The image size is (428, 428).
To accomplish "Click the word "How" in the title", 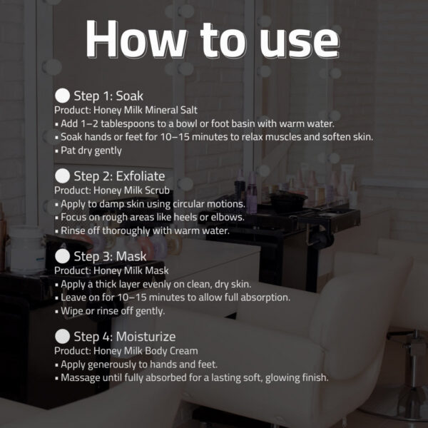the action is [x=136, y=39].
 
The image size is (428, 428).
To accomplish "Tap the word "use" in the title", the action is [x=300, y=43].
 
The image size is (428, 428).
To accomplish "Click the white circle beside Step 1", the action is [x=63, y=96].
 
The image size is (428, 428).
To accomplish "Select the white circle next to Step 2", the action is [x=63, y=176].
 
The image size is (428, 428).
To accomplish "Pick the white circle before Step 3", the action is [x=63, y=256].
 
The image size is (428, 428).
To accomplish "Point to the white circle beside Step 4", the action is [x=63, y=337].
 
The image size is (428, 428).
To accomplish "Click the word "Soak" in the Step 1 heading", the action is [x=129, y=96].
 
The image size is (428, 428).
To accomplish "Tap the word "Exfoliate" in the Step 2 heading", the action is [x=141, y=176].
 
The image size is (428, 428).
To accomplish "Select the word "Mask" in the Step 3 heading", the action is [x=131, y=257].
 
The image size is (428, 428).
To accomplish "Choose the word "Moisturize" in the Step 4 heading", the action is [x=146, y=337].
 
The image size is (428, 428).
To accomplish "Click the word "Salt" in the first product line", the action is [x=189, y=110].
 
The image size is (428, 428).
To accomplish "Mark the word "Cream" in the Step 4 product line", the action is [x=184, y=351].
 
